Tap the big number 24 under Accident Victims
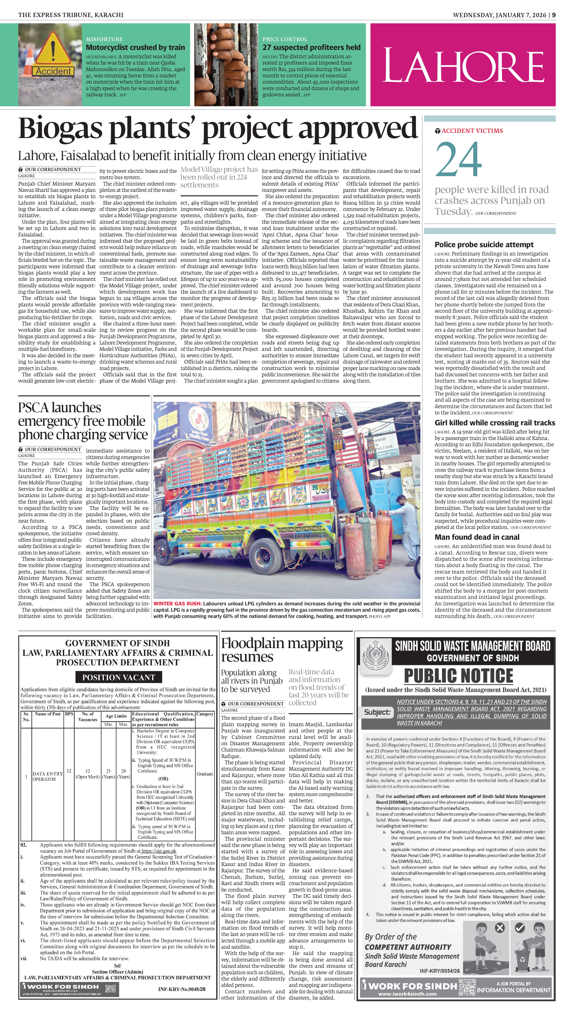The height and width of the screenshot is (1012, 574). tap(458, 159)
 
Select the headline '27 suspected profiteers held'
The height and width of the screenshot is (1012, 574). tap(312, 47)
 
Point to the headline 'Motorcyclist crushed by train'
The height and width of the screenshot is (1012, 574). tap(135, 47)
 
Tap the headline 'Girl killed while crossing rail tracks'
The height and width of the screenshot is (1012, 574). tap(495, 423)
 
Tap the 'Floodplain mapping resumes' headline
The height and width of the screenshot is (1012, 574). tap(282, 650)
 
